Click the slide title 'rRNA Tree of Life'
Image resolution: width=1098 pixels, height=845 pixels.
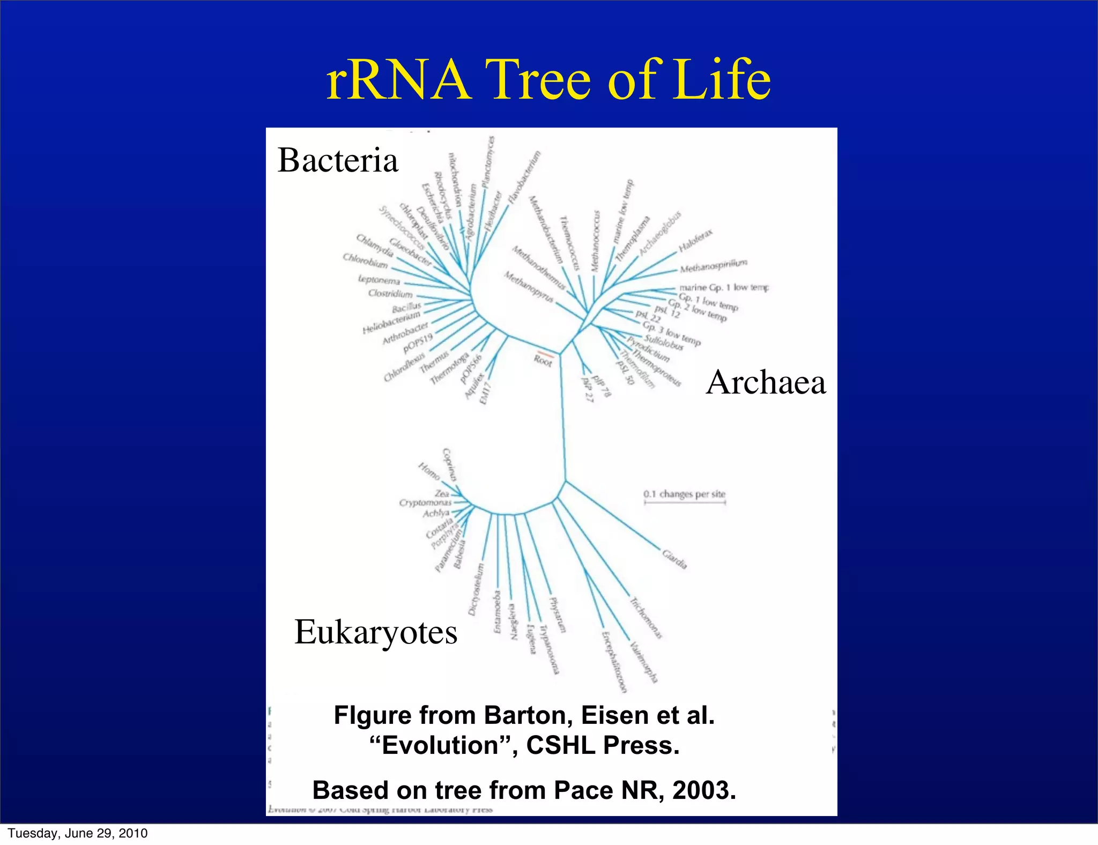pos(548,80)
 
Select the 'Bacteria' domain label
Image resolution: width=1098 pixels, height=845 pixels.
pos(338,160)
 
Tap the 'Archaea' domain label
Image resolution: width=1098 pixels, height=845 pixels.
pos(766,383)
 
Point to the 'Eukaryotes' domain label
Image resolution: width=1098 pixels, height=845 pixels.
pos(376,632)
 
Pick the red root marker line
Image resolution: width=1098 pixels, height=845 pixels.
pos(545,353)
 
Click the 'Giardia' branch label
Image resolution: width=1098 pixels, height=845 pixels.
pos(674,559)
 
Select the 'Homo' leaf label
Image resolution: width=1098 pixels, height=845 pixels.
pos(429,471)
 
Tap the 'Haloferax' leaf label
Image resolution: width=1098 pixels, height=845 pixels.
pos(695,241)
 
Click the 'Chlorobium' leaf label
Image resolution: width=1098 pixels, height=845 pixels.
pos(365,261)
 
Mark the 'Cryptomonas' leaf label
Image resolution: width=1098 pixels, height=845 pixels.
pos(425,503)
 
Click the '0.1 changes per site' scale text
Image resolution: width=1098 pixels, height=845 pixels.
pos(684,494)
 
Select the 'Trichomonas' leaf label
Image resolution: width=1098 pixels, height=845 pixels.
pos(646,618)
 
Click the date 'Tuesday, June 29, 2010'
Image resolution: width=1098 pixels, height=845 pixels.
pos(78,833)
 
